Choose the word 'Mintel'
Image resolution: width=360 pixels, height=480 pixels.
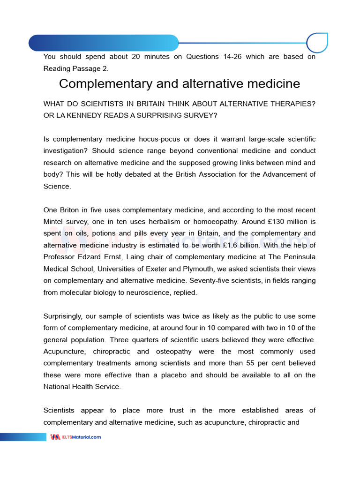click(x=55, y=222)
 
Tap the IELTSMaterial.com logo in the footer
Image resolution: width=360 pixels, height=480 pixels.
click(x=75, y=437)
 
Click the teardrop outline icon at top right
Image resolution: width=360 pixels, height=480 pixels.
click(x=317, y=43)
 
